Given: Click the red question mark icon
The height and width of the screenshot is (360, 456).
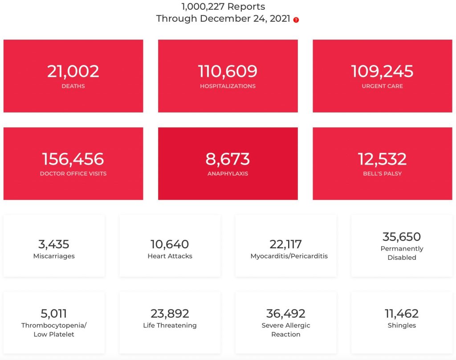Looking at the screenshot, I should [x=296, y=20].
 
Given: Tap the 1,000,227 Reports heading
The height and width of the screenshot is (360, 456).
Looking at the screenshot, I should [x=223, y=7].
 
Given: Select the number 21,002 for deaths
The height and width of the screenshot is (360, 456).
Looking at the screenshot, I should [x=73, y=71].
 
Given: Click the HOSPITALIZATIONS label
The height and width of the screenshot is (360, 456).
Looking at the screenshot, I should [x=228, y=86].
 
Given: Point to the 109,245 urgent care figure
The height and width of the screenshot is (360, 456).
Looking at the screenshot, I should [x=382, y=71].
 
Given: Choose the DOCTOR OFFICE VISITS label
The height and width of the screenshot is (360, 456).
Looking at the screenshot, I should [x=73, y=174].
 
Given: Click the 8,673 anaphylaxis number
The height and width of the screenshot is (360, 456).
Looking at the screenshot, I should [x=228, y=159].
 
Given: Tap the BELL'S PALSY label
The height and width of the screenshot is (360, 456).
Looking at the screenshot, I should [x=382, y=174].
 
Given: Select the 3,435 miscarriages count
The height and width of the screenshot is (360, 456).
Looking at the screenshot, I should [x=54, y=244].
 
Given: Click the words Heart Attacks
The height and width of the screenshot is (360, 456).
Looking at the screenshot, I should [x=170, y=256].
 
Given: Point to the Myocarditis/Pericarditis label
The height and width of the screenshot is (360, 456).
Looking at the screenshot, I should [x=289, y=256].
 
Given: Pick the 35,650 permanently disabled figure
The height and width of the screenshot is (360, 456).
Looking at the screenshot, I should [x=402, y=236].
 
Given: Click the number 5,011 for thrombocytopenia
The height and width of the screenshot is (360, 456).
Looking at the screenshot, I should [x=54, y=314].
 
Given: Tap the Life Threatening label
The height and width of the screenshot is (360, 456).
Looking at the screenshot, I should [x=170, y=325].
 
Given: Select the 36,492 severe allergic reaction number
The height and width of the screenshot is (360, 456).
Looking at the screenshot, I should [x=285, y=314].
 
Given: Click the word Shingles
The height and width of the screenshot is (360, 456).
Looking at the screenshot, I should [x=402, y=325].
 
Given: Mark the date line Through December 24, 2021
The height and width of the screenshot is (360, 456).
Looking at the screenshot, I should [x=223, y=19].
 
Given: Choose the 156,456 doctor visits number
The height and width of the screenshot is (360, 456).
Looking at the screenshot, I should [x=73, y=159].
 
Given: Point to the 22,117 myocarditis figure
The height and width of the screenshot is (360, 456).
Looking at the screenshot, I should [x=285, y=244].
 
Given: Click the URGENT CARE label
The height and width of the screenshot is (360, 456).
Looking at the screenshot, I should [x=382, y=86].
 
